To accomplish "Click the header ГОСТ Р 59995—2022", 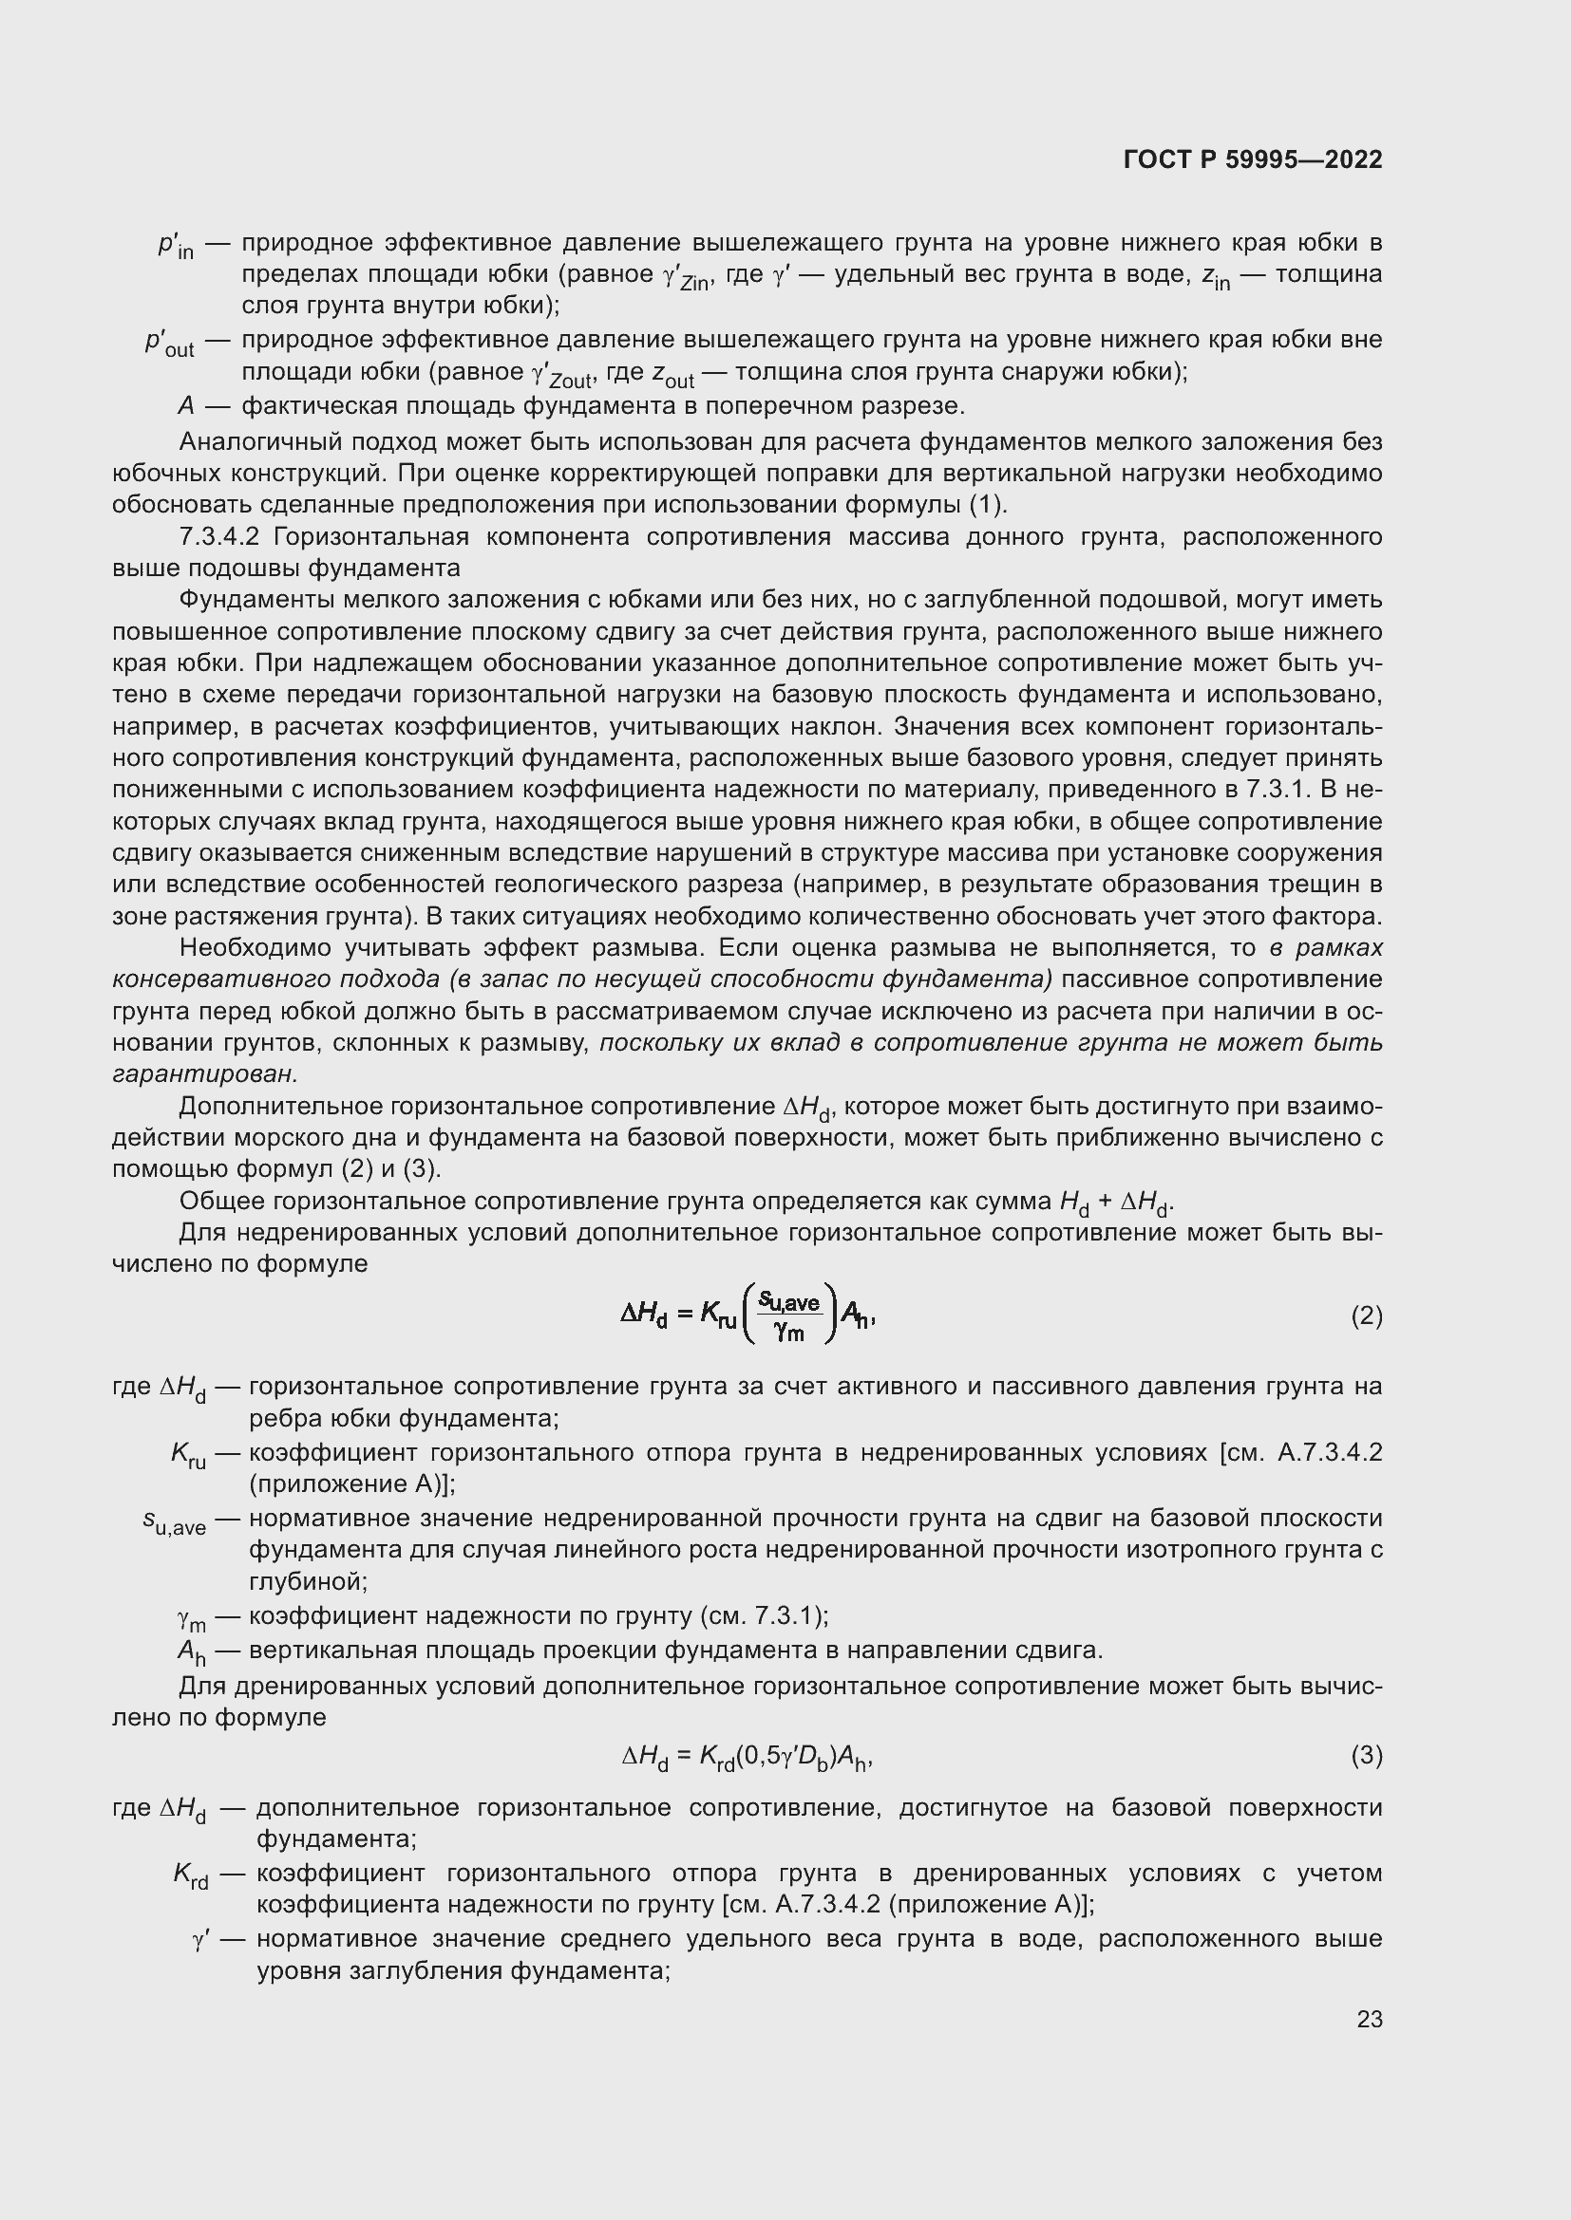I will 1253,159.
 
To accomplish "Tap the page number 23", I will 1369,2019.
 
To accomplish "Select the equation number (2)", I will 1366,1315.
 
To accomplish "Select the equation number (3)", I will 1366,1754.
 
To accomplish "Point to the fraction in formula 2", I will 788,1315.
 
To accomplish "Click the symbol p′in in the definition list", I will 175,246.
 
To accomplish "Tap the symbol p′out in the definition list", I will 169,344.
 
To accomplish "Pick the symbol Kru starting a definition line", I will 188,1456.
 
